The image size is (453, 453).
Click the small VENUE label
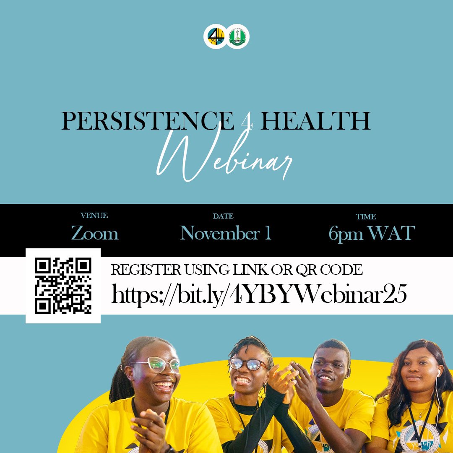[94, 216]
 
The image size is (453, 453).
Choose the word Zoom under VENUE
[95, 233]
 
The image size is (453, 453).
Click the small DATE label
[223, 216]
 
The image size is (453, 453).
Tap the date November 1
[226, 233]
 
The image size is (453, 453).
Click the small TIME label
[366, 217]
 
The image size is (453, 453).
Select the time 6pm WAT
[372, 234]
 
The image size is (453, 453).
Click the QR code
[63, 286]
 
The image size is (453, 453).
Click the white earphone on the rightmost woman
[438, 372]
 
